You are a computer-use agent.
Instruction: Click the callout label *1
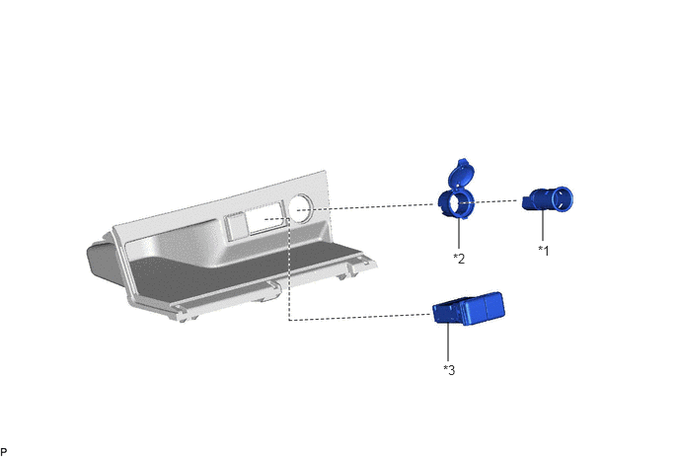pyautogui.click(x=543, y=250)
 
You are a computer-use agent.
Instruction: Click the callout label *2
pyautogui.click(x=459, y=259)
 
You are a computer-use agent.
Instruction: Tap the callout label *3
pyautogui.click(x=449, y=370)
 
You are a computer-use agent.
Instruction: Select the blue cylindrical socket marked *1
pyautogui.click(x=548, y=199)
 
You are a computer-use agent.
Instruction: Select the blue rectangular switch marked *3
pyautogui.click(x=469, y=308)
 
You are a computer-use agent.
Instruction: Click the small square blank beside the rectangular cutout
pyautogui.click(x=235, y=227)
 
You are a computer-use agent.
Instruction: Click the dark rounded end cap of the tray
pyautogui.click(x=101, y=259)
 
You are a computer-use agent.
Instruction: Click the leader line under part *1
pyautogui.click(x=543, y=227)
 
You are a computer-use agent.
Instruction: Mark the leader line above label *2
pyautogui.click(x=459, y=233)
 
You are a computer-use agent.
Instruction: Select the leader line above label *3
pyautogui.click(x=448, y=343)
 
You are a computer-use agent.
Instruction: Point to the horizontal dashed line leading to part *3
pyautogui.click(x=361, y=318)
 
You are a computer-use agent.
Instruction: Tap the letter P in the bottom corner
pyautogui.click(x=4, y=452)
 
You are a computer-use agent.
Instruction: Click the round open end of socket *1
pyautogui.click(x=563, y=199)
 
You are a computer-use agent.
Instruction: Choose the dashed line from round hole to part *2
pyautogui.click(x=368, y=207)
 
